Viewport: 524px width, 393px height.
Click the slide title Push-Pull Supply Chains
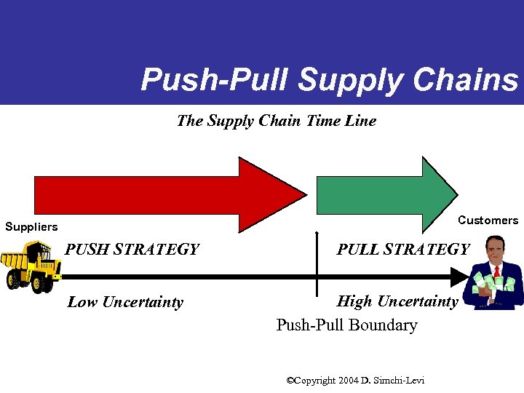(x=329, y=80)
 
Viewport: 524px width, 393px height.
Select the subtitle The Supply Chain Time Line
(x=276, y=121)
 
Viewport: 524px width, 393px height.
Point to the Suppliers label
(x=31, y=227)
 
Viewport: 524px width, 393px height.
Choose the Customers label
(x=488, y=221)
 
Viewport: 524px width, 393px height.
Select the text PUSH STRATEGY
(x=132, y=250)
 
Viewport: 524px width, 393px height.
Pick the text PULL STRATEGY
(x=402, y=250)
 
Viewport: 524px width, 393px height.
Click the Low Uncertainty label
(x=125, y=302)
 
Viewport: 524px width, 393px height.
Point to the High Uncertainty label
(x=397, y=301)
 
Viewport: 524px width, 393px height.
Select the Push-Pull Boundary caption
(x=346, y=325)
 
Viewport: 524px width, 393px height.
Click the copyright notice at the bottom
(x=355, y=380)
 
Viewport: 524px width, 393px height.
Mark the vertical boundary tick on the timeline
(x=317, y=262)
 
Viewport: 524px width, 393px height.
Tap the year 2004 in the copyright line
(x=349, y=380)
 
